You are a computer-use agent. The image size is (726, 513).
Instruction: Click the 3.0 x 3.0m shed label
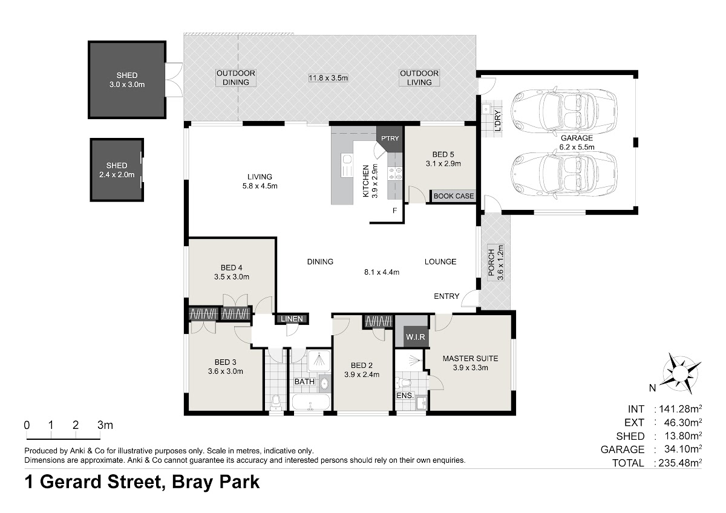pyautogui.click(x=126, y=80)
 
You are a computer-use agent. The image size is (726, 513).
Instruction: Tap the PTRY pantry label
pyautogui.click(x=390, y=139)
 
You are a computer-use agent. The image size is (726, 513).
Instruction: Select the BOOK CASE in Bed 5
pyautogui.click(x=453, y=196)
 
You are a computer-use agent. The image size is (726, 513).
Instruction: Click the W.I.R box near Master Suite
pyautogui.click(x=415, y=337)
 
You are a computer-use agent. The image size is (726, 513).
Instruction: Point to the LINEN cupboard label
pyautogui.click(x=292, y=319)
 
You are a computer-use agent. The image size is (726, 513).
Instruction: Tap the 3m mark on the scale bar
pyautogui.click(x=105, y=425)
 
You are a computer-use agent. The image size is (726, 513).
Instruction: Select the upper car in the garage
pyautogui.click(x=564, y=110)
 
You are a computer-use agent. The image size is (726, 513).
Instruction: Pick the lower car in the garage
pyautogui.click(x=564, y=175)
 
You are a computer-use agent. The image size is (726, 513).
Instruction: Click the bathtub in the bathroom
pyautogui.click(x=311, y=402)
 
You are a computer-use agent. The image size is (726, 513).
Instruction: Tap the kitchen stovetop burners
pyautogui.click(x=395, y=173)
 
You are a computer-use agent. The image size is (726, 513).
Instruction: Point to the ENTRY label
pyautogui.click(x=446, y=296)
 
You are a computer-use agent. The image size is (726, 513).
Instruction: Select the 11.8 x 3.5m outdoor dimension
pyautogui.click(x=329, y=78)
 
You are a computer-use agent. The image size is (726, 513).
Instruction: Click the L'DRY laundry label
pyautogui.click(x=498, y=120)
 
